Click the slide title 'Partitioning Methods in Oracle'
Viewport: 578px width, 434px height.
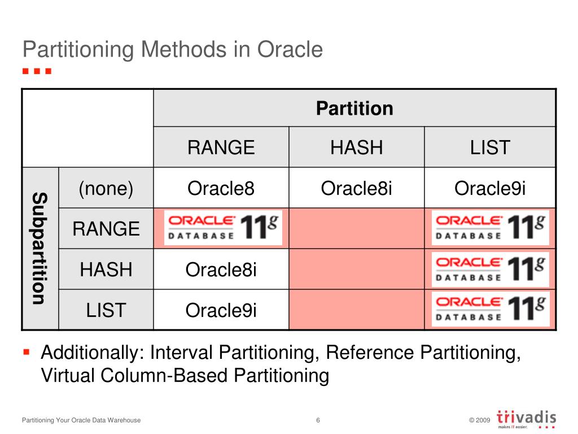click(x=173, y=50)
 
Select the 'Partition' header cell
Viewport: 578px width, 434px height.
click(x=354, y=108)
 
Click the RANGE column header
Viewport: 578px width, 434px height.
click(x=221, y=147)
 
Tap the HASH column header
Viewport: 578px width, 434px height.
click(x=356, y=147)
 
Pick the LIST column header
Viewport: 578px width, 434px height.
click(x=490, y=147)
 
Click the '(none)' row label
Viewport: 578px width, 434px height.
click(x=106, y=188)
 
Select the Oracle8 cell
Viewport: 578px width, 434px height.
click(x=221, y=188)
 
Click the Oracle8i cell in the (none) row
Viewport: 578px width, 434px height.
click(x=356, y=188)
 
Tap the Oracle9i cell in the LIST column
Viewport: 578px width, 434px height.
click(x=490, y=188)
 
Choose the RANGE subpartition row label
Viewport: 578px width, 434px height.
click(x=106, y=228)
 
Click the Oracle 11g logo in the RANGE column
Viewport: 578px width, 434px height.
click(x=223, y=228)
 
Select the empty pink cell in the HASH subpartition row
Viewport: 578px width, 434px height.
click(x=356, y=269)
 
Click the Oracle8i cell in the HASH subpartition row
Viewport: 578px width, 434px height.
click(x=221, y=270)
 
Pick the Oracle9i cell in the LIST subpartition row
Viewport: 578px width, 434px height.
click(x=221, y=310)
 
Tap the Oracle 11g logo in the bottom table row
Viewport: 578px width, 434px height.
click(x=491, y=309)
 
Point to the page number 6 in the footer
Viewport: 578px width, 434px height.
click(x=318, y=420)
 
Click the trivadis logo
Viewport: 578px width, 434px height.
click(x=526, y=419)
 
